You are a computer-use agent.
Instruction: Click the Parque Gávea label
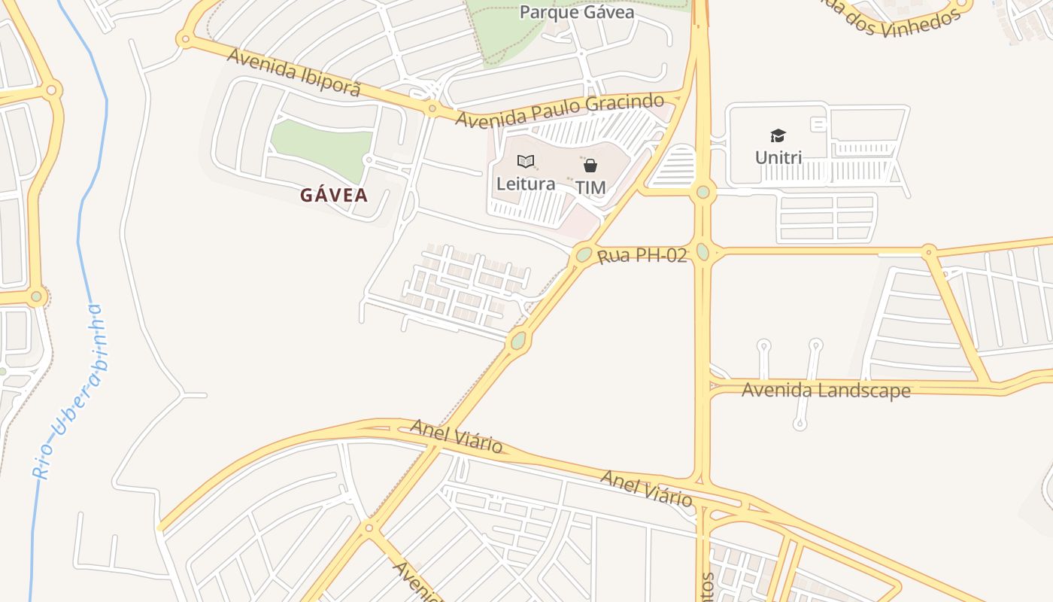click(x=577, y=13)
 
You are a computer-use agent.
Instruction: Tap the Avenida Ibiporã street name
click(x=294, y=72)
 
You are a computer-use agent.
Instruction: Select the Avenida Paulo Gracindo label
click(x=560, y=110)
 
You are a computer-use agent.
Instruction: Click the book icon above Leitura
click(x=526, y=161)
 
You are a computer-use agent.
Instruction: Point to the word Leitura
click(x=526, y=184)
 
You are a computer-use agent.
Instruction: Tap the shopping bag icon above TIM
click(x=590, y=166)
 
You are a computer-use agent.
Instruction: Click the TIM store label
click(x=590, y=187)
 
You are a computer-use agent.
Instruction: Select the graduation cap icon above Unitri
click(x=778, y=136)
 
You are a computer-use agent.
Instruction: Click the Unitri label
click(x=778, y=158)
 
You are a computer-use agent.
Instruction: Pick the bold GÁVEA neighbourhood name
click(x=335, y=196)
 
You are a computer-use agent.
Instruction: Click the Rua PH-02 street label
click(x=642, y=256)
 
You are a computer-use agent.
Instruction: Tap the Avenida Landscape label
click(x=826, y=391)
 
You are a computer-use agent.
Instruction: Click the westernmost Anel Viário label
click(x=456, y=436)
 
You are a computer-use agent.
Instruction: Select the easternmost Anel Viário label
click(x=646, y=488)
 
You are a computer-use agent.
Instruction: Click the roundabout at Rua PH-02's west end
click(x=584, y=254)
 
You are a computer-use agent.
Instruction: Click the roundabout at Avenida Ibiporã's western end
click(x=185, y=40)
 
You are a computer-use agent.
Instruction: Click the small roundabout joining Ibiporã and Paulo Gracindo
click(x=432, y=109)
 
